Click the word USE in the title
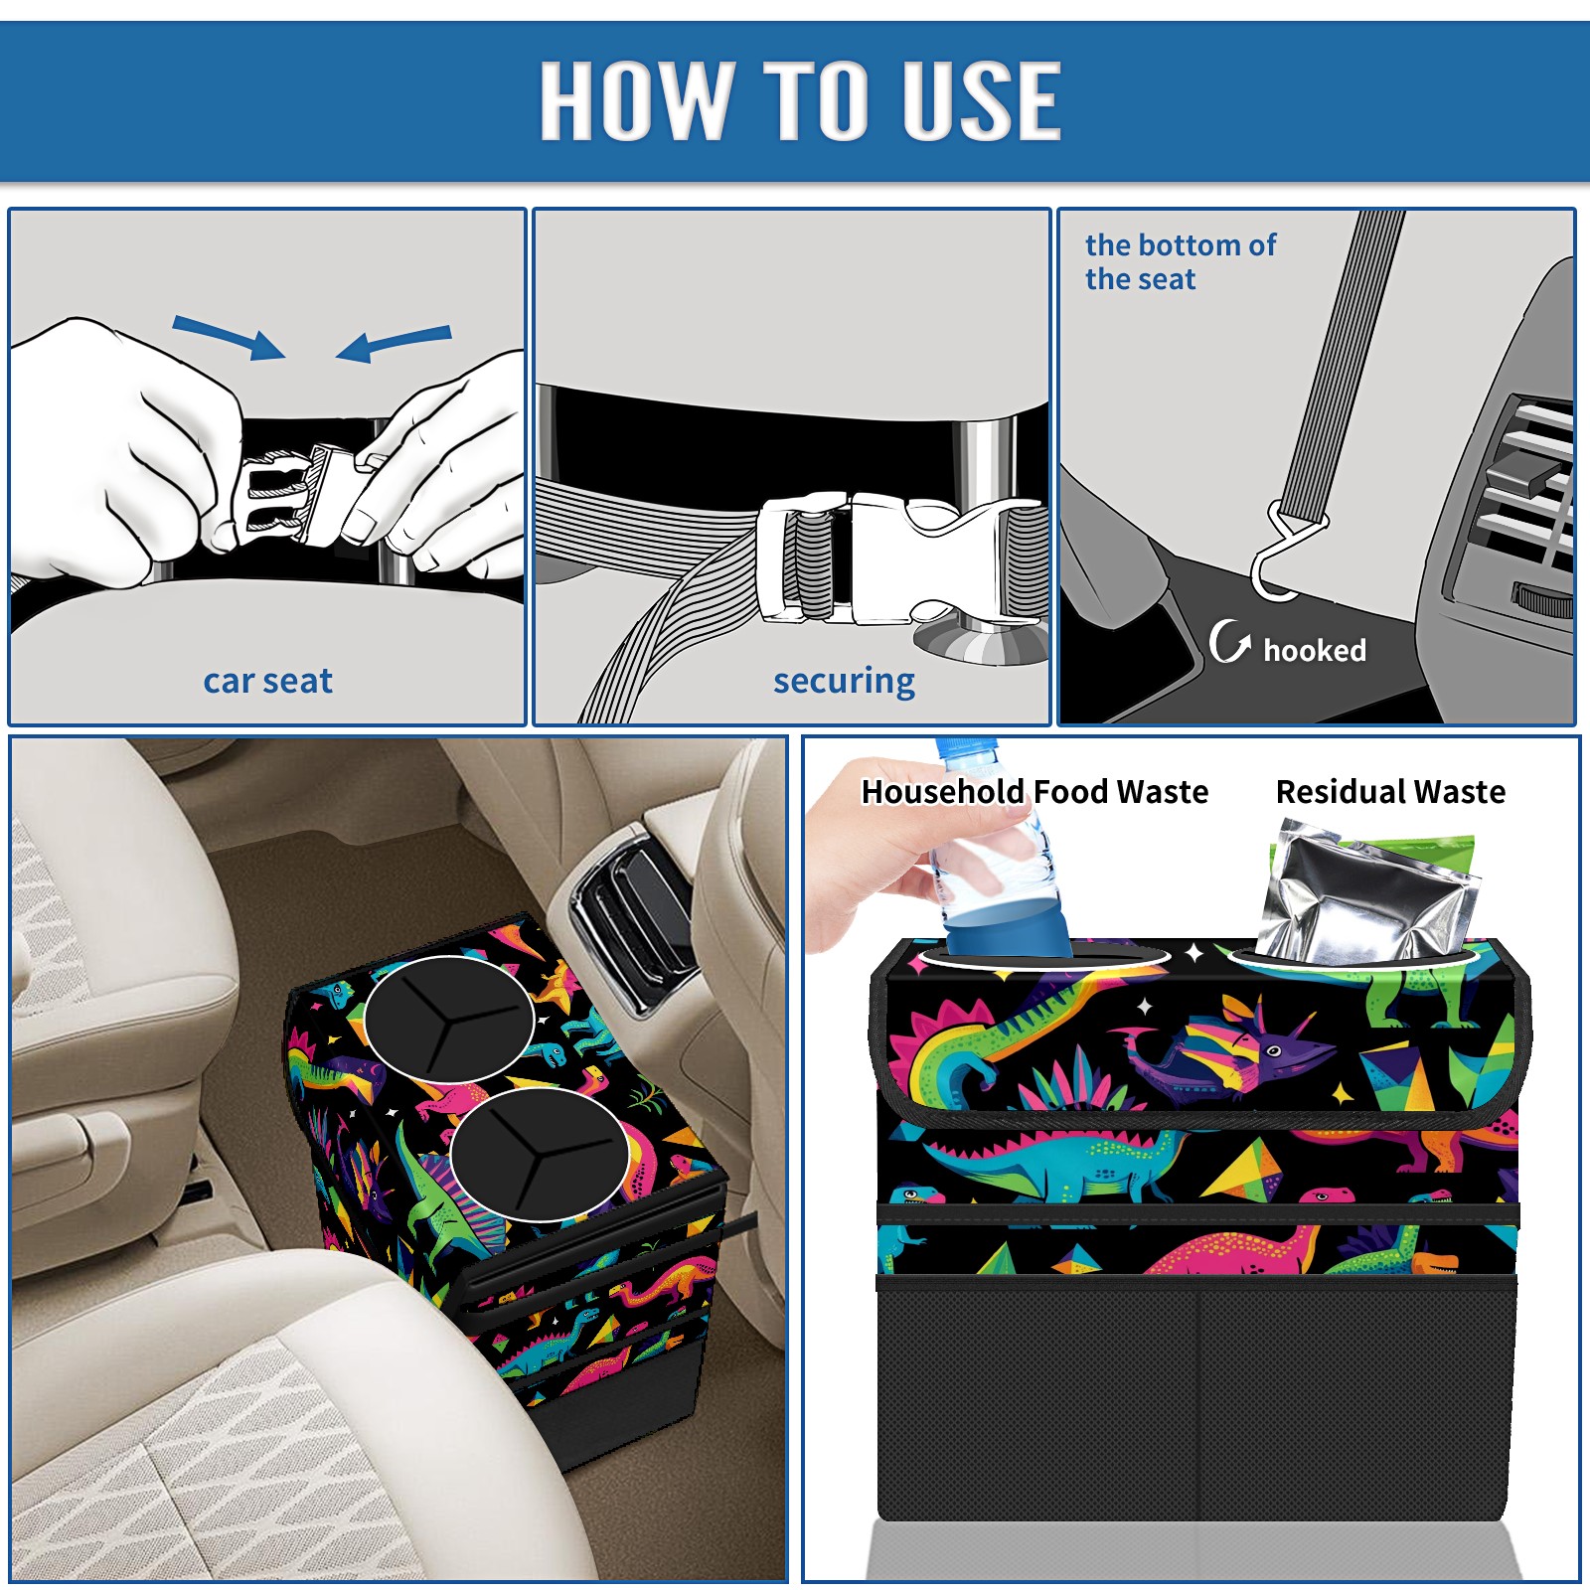[981, 99]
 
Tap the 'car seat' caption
[267, 681]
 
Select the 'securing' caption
[844, 682]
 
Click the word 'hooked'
[1315, 650]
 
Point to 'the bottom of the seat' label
[1180, 261]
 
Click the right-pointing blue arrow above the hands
[229, 337]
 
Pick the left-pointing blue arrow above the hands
[394, 343]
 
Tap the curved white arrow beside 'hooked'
[1227, 641]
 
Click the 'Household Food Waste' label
[1034, 791]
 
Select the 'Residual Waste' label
[1390, 791]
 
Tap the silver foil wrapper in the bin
[1366, 891]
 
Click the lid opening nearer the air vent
[449, 1019]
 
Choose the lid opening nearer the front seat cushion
[539, 1153]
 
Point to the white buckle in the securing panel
[899, 558]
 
